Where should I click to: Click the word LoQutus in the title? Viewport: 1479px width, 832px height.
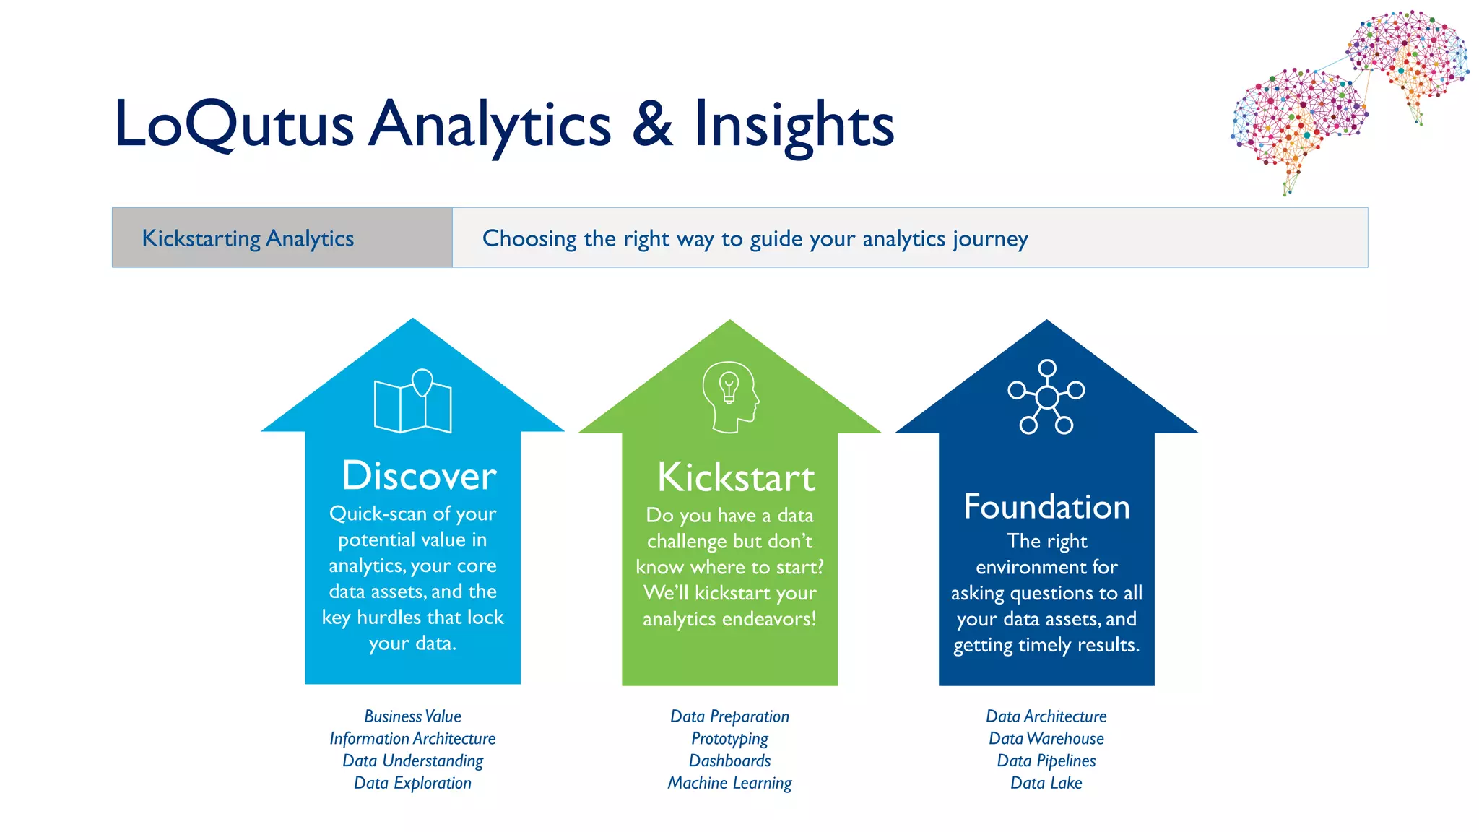click(x=233, y=124)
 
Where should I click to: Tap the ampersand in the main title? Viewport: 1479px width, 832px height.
click(x=651, y=124)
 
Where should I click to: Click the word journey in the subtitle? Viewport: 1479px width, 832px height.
click(x=989, y=239)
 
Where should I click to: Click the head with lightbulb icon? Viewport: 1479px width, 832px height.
click(x=730, y=396)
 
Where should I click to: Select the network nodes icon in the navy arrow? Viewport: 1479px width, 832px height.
click(x=1046, y=396)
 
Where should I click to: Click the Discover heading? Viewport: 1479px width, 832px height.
click(x=419, y=476)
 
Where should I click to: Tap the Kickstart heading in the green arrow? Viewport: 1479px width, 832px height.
click(x=736, y=477)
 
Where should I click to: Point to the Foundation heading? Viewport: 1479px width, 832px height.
click(x=1046, y=507)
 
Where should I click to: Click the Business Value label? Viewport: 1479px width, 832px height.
click(x=412, y=716)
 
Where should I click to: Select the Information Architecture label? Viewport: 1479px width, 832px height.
click(x=412, y=739)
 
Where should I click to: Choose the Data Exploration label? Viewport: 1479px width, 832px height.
click(x=412, y=783)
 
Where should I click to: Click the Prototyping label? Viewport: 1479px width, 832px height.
click(x=729, y=739)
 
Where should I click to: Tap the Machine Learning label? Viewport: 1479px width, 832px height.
click(x=729, y=783)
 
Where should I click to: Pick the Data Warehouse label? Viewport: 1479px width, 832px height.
click(x=1046, y=739)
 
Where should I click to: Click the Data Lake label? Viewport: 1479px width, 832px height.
click(x=1046, y=783)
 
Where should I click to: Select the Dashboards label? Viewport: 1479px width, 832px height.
click(x=729, y=760)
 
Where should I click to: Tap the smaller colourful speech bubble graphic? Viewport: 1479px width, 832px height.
click(x=1408, y=54)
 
